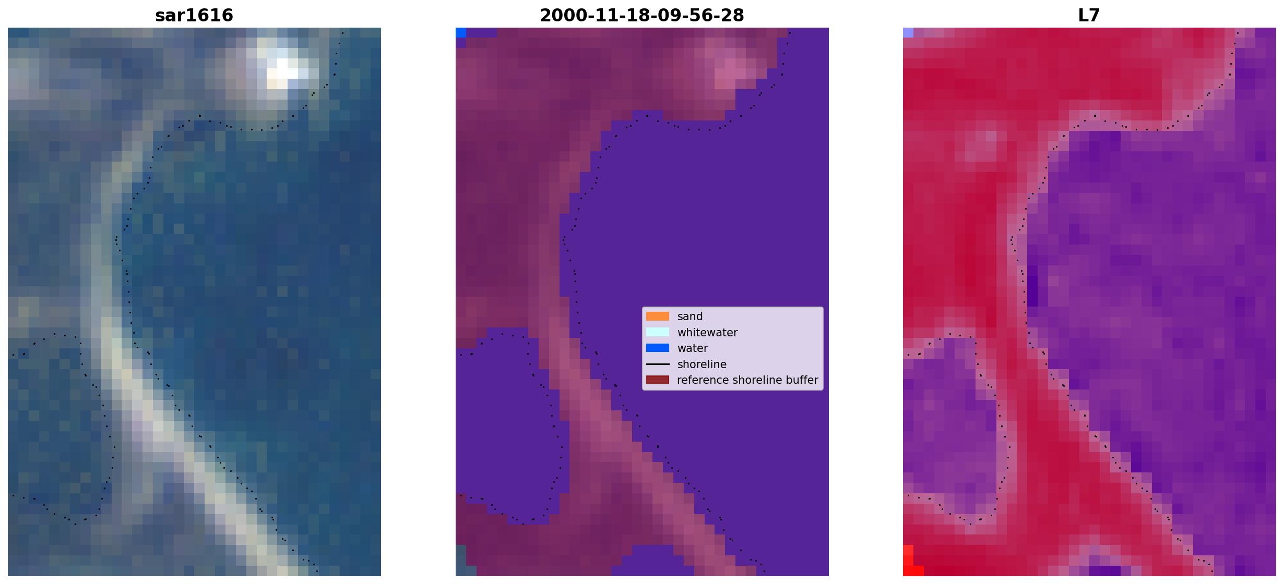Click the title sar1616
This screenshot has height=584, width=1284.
[194, 16]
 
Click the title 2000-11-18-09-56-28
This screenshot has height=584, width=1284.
[642, 16]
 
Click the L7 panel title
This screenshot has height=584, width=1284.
[1089, 16]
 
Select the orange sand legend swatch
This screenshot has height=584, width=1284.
[658, 317]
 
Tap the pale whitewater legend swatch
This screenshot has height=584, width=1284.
[658, 332]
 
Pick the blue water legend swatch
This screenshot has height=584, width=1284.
[658, 348]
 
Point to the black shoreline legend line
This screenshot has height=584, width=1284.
[658, 364]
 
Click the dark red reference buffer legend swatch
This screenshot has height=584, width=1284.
[658, 380]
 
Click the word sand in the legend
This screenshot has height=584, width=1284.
[690, 317]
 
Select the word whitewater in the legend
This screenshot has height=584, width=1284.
[707, 333]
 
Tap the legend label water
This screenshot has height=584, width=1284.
[693, 348]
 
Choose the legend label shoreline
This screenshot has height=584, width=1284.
[702, 364]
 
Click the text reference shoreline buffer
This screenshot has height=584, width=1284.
[747, 380]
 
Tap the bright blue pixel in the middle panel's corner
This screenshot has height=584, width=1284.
[460, 32]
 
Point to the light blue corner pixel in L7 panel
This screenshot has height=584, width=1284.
[908, 32]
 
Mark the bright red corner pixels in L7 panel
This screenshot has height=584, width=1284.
[911, 563]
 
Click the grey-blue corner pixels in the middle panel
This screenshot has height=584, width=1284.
[460, 561]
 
